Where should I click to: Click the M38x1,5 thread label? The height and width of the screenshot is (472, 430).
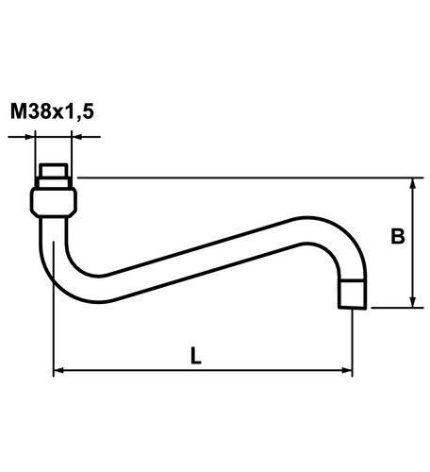tap(52, 110)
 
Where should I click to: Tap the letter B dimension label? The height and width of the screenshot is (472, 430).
tap(398, 236)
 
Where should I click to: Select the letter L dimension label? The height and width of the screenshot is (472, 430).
tap(196, 356)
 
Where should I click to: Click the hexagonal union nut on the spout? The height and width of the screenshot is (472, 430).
tap(54, 202)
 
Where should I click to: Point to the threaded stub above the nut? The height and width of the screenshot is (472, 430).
tap(54, 176)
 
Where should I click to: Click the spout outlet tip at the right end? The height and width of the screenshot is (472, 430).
tap(353, 295)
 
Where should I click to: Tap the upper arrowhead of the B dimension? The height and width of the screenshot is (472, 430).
tap(413, 183)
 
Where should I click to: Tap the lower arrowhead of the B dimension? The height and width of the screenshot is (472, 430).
tap(413, 302)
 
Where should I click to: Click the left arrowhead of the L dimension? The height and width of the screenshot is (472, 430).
tap(59, 370)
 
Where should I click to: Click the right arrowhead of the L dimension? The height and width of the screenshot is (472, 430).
tap(347, 370)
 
